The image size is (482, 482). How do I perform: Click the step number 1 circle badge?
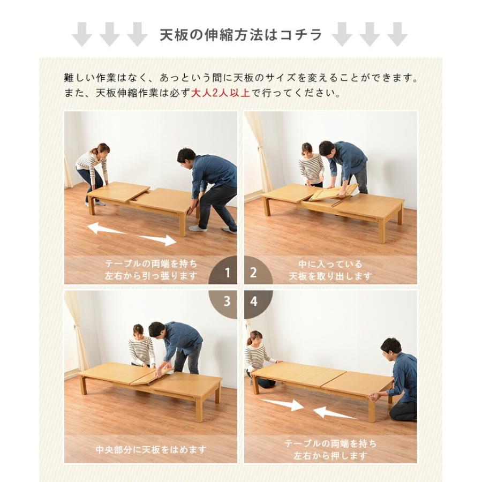click(x=226, y=272)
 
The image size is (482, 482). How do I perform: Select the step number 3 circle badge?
click(x=226, y=302)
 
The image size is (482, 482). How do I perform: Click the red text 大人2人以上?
click(x=221, y=93)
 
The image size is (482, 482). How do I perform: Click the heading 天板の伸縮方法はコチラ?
click(x=241, y=35)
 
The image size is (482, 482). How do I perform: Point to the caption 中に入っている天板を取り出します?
click(x=330, y=270)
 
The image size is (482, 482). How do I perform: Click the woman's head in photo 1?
click(x=100, y=148)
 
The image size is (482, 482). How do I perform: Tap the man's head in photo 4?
click(x=390, y=347)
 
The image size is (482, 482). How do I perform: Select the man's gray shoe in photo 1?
click(x=197, y=228)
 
